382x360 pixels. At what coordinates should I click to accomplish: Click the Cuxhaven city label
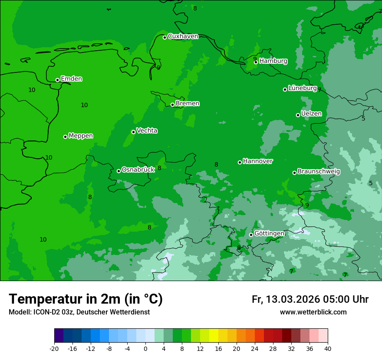(x=183, y=36)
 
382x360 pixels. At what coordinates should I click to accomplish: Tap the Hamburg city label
(x=273, y=61)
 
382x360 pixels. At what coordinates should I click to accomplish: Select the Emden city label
(x=71, y=79)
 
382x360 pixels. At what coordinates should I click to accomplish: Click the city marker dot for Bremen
(x=172, y=105)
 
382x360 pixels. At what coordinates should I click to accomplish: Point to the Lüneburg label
(x=302, y=88)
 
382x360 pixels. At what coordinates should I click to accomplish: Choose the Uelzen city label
(x=311, y=114)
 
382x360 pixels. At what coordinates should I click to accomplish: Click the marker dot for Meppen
(x=65, y=137)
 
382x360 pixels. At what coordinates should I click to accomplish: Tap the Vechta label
(x=147, y=131)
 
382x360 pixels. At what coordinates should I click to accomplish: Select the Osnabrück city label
(x=138, y=170)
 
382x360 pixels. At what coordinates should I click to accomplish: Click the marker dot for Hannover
(x=240, y=162)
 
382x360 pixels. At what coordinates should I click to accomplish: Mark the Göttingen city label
(x=269, y=234)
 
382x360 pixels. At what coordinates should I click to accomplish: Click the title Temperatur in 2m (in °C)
(x=86, y=299)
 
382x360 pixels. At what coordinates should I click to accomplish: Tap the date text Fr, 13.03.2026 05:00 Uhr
(x=310, y=300)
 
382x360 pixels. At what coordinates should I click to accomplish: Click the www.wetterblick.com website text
(x=313, y=312)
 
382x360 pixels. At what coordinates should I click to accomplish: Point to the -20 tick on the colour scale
(x=54, y=348)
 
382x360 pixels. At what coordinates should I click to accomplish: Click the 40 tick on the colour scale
(x=328, y=348)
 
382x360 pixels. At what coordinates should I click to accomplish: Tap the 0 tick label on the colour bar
(x=145, y=348)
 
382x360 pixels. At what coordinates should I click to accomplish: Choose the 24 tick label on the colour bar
(x=255, y=348)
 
